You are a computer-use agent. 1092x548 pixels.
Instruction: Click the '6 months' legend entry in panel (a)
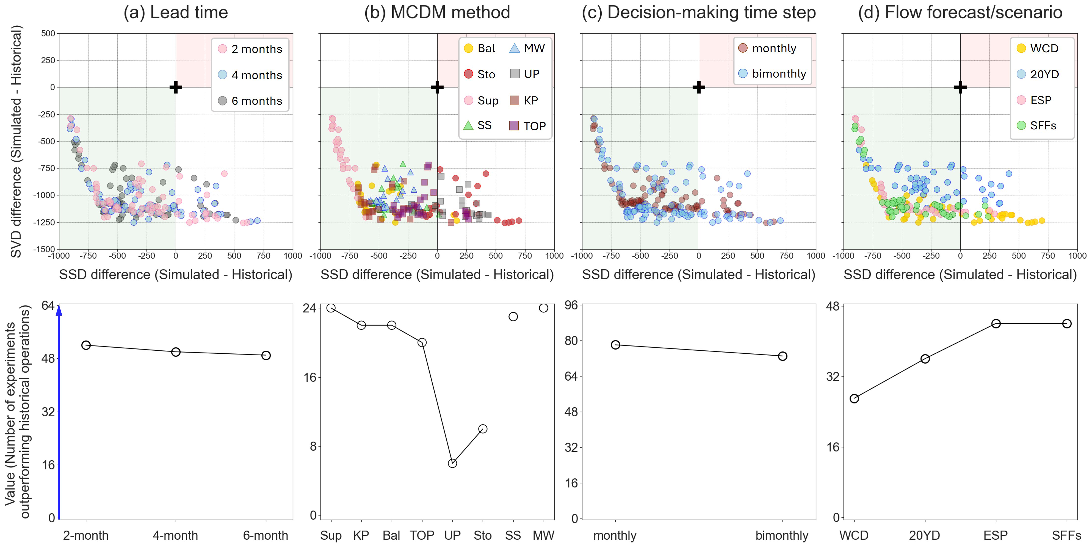[250, 101]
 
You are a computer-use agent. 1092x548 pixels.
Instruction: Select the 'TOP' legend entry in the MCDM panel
[528, 126]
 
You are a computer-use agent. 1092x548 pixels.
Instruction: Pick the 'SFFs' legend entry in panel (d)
[1036, 125]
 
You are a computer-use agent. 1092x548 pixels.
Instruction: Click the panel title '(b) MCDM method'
[437, 12]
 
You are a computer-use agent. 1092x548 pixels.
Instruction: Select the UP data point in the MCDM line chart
[452, 463]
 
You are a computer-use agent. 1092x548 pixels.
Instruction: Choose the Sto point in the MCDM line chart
[483, 429]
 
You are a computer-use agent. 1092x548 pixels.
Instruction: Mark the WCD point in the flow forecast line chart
[854, 398]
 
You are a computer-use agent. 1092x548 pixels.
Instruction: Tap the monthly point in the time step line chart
[615, 345]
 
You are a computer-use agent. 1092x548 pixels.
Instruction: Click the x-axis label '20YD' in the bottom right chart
[924, 535]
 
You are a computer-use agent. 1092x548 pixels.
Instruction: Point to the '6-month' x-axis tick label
[265, 535]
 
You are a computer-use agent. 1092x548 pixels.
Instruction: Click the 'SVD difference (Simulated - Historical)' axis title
[16, 141]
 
